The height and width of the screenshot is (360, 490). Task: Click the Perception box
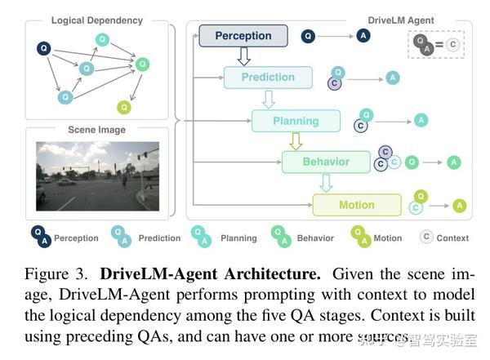tap(243, 36)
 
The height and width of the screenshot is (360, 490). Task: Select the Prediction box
tap(268, 78)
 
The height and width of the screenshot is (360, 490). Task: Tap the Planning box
tap(295, 121)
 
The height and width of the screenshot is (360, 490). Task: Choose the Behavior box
tap(325, 162)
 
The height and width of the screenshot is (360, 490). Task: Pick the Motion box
tap(356, 205)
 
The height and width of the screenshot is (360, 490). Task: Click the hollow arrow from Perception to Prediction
tap(243, 56)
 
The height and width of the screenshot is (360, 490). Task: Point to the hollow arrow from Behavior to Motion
tap(326, 184)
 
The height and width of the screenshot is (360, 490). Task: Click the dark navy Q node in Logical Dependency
tap(44, 49)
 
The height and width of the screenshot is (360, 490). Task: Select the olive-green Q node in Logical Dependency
tap(123, 106)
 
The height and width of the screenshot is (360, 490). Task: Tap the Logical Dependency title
tap(96, 20)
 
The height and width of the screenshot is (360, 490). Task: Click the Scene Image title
tap(96, 129)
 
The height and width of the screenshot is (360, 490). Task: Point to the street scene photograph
tap(96, 176)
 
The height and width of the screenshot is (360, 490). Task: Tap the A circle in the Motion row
tap(460, 206)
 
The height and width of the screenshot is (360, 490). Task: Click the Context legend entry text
tap(452, 238)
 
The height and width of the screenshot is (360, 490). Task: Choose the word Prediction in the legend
tap(159, 238)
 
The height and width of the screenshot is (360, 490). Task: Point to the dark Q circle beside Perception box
tap(308, 36)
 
